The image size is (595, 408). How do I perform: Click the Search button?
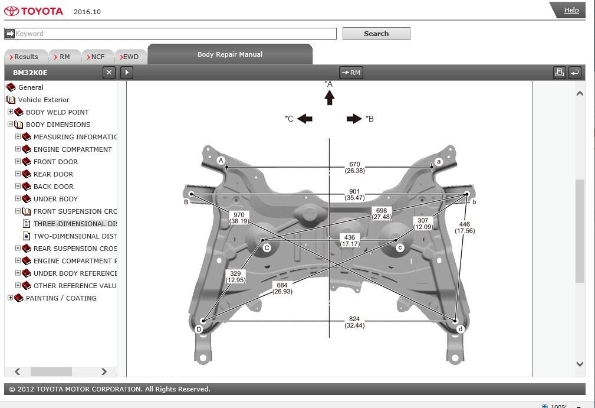click(376, 34)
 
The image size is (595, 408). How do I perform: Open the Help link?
click(571, 10)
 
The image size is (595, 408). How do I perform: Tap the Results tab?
click(25, 57)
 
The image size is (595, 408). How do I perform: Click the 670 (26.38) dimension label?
click(354, 168)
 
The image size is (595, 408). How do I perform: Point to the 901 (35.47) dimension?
click(354, 194)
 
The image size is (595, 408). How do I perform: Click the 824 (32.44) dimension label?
click(354, 322)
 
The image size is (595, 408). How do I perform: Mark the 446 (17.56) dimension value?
click(465, 227)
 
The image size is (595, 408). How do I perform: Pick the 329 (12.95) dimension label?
click(235, 276)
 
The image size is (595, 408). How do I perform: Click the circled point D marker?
click(199, 329)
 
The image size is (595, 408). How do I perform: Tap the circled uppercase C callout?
click(267, 248)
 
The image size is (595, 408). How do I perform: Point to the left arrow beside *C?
click(305, 119)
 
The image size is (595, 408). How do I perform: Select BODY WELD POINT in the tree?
click(57, 112)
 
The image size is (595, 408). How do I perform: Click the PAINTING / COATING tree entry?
click(61, 298)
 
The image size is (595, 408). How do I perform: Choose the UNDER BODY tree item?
click(55, 199)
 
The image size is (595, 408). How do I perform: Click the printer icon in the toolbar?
click(559, 73)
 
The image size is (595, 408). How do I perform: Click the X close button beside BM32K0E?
click(109, 73)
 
